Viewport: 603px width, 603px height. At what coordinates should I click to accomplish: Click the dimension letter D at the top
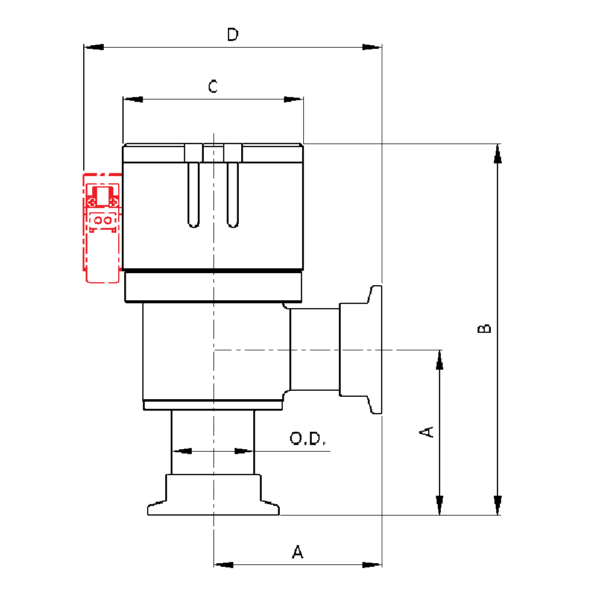pos(233,35)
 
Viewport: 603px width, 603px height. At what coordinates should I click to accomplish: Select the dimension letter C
pos(213,87)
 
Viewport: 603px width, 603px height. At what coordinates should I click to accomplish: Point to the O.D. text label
pos(308,438)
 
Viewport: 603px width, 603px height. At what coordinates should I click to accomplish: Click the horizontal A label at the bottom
pos(297,552)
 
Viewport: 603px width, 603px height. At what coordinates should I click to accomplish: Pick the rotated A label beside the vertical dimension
pos(426,432)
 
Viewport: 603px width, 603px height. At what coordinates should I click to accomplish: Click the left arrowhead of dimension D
pos(94,47)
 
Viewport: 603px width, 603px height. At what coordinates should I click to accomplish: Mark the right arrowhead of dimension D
pos(371,47)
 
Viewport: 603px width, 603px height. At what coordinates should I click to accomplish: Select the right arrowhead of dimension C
pos(293,99)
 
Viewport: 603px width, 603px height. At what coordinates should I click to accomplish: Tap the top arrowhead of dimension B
pos(497,153)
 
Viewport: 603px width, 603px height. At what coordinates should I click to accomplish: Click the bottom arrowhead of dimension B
pos(497,505)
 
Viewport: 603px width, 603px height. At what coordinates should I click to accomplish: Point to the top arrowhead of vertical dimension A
pos(440,359)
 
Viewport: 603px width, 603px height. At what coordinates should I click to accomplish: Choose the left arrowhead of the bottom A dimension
pos(224,565)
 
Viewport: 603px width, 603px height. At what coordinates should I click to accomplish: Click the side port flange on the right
pos(374,350)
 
